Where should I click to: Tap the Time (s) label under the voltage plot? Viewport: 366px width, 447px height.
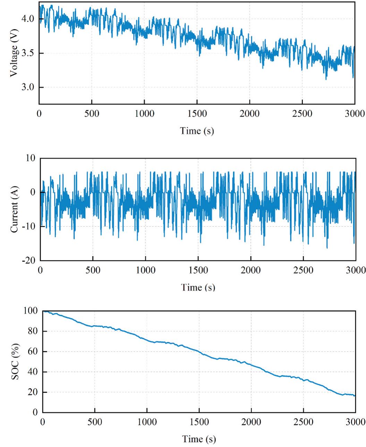[x=197, y=131]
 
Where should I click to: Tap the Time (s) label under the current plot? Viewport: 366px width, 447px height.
[x=198, y=288]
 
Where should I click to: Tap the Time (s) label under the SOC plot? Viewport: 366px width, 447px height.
[x=199, y=439]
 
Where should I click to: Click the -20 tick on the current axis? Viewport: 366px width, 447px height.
[x=30, y=261]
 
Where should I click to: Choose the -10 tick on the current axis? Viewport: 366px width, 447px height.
[x=30, y=226]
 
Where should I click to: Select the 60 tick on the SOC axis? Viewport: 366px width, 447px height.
[x=33, y=352]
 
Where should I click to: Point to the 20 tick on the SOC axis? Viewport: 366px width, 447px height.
[x=33, y=392]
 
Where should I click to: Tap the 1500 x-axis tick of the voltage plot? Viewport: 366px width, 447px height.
[x=197, y=113]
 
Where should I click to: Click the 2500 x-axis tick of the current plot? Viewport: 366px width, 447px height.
[x=303, y=270]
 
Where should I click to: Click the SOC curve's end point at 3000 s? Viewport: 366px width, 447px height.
[x=355, y=396]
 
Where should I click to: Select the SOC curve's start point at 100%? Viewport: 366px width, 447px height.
[x=43, y=311]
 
